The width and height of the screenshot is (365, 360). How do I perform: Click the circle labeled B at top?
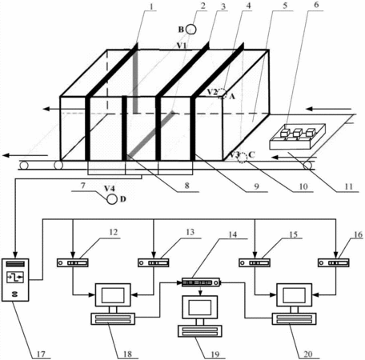coord(191,30)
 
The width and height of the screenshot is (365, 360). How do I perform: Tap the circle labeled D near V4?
coord(112,199)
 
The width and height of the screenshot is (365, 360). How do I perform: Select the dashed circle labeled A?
coord(223,94)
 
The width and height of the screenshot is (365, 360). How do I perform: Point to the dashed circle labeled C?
coord(243,158)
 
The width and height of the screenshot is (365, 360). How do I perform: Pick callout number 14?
coord(233,234)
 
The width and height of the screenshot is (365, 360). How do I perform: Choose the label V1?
coord(182,46)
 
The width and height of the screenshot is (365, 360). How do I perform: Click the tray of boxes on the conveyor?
coord(298,136)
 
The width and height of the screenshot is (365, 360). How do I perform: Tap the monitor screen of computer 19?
coord(200,307)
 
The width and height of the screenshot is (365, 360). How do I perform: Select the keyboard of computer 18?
coord(113,319)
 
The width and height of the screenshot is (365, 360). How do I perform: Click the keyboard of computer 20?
coord(294,319)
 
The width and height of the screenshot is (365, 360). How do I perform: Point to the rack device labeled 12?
coord(73,263)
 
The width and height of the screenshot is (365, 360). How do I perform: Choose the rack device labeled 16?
coord(334,263)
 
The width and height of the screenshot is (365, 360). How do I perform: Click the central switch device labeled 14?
coord(201,282)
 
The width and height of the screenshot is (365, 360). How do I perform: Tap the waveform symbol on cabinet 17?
coord(15,278)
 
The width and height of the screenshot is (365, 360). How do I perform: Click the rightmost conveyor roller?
coord(307,166)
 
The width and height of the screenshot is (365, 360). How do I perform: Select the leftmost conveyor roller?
coord(23,166)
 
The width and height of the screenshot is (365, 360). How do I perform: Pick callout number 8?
coord(187,185)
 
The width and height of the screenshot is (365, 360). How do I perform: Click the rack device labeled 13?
coord(153,263)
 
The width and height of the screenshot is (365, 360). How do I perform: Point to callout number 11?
coord(348,186)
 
